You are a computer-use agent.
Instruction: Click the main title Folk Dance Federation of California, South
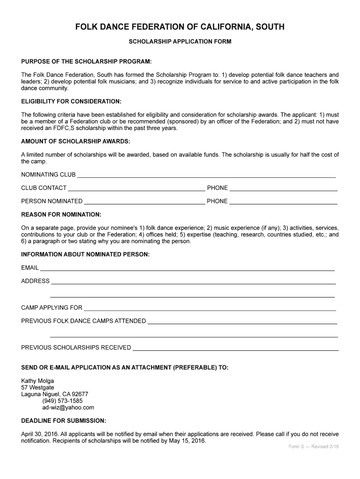180,27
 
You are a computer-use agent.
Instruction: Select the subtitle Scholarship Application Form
180,42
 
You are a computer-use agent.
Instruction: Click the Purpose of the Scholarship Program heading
86,62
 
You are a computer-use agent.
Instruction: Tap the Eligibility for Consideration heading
72,102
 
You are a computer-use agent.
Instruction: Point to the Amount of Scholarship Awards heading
76,141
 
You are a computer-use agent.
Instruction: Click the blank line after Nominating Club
206,175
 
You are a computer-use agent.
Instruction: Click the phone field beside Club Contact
283,189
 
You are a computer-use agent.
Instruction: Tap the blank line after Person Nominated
144,202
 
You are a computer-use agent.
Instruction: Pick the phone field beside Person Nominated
283,202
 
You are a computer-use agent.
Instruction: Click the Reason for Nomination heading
61,215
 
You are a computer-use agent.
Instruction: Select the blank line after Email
187,269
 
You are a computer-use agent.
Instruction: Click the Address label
35,281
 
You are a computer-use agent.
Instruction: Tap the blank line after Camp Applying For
209,308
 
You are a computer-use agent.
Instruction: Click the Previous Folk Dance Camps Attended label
84,321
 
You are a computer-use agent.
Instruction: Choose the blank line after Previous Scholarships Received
236,348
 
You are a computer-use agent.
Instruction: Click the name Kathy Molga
37,381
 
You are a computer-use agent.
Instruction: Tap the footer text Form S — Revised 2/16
313,447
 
